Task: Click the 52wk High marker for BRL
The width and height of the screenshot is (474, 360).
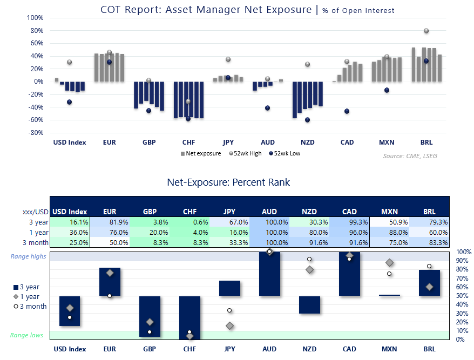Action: [426, 31]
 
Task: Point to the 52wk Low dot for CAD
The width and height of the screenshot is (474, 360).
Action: [347, 111]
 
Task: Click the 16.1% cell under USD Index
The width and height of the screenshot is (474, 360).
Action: [70, 222]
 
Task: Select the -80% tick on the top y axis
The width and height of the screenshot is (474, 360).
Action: [35, 133]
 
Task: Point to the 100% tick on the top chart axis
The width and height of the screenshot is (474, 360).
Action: [35, 17]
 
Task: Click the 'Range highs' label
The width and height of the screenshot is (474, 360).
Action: [28, 257]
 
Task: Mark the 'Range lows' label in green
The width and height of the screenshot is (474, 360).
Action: [26, 335]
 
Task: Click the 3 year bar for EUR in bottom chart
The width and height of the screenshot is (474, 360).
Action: [110, 282]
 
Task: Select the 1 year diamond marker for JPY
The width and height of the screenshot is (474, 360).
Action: [230, 325]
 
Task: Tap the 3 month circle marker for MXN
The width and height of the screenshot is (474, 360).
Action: [389, 274]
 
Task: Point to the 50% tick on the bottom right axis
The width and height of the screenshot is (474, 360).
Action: [460, 296]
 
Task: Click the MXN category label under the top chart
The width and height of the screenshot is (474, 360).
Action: [386, 142]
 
